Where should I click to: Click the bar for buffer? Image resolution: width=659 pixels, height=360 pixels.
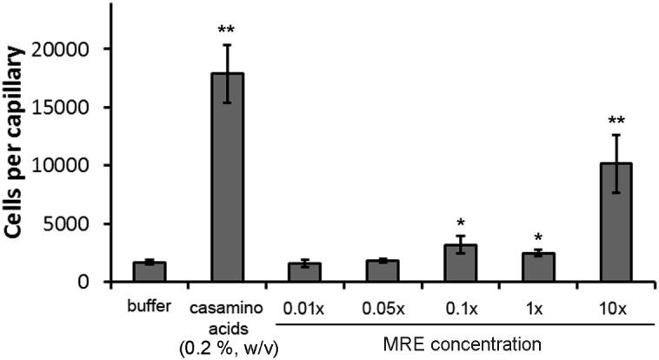[x=150, y=271]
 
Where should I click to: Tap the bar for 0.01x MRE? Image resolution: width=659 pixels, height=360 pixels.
[x=304, y=272]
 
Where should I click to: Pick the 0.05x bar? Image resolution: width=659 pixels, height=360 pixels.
[x=383, y=270]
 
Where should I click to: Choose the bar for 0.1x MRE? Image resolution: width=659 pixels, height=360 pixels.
[x=460, y=263]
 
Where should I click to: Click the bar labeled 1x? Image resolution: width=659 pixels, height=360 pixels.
[x=537, y=267]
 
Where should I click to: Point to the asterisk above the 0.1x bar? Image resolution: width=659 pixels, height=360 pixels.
[x=460, y=223]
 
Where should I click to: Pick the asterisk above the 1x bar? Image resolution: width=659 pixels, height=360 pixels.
[x=537, y=238]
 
